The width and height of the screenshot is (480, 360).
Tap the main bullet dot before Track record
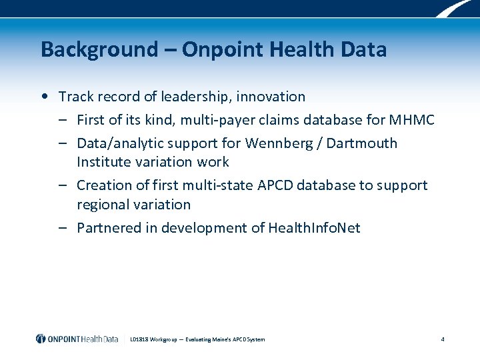click(x=43, y=96)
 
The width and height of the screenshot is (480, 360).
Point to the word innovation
click(x=271, y=97)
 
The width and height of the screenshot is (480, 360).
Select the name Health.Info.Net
click(x=314, y=228)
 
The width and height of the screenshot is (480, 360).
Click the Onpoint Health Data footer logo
click(x=77, y=339)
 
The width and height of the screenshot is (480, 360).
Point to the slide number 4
click(x=443, y=339)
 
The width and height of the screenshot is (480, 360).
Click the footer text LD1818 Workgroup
click(x=149, y=339)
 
